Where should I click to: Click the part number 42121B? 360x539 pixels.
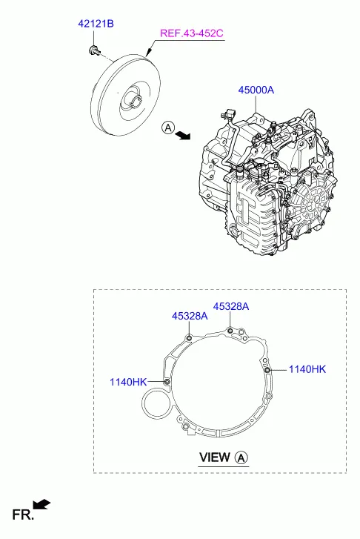point(96,24)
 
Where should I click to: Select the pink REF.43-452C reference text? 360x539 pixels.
point(190,33)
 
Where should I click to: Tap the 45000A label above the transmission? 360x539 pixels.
point(256,90)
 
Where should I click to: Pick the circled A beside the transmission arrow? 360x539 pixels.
point(168,128)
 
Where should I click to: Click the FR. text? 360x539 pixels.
point(21,514)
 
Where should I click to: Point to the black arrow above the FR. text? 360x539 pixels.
point(42,505)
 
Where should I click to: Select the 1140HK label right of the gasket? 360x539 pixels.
point(307,368)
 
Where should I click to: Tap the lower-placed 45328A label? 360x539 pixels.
point(190,316)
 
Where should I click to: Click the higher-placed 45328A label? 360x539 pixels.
point(231,306)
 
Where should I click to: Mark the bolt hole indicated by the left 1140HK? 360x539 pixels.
point(167,381)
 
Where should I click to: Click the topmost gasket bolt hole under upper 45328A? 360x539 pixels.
point(231,331)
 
